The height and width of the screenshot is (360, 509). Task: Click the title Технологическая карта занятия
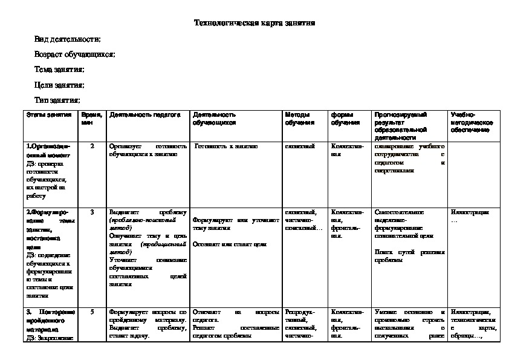pos(254,24)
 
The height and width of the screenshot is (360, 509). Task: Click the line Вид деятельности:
pos(68,39)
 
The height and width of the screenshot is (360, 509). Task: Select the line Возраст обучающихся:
pos(75,54)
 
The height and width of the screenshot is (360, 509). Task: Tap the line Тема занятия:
pos(59,70)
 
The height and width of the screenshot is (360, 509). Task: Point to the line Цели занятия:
pos(59,85)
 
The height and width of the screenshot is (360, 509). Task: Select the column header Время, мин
pos(92,118)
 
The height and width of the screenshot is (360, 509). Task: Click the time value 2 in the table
pos(92,146)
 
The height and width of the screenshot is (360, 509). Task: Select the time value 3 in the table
pos(92,212)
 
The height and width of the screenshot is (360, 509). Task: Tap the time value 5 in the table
pos(92,312)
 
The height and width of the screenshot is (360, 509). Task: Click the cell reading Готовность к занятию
pos(226,146)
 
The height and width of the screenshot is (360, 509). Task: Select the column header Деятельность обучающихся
pos(214,118)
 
